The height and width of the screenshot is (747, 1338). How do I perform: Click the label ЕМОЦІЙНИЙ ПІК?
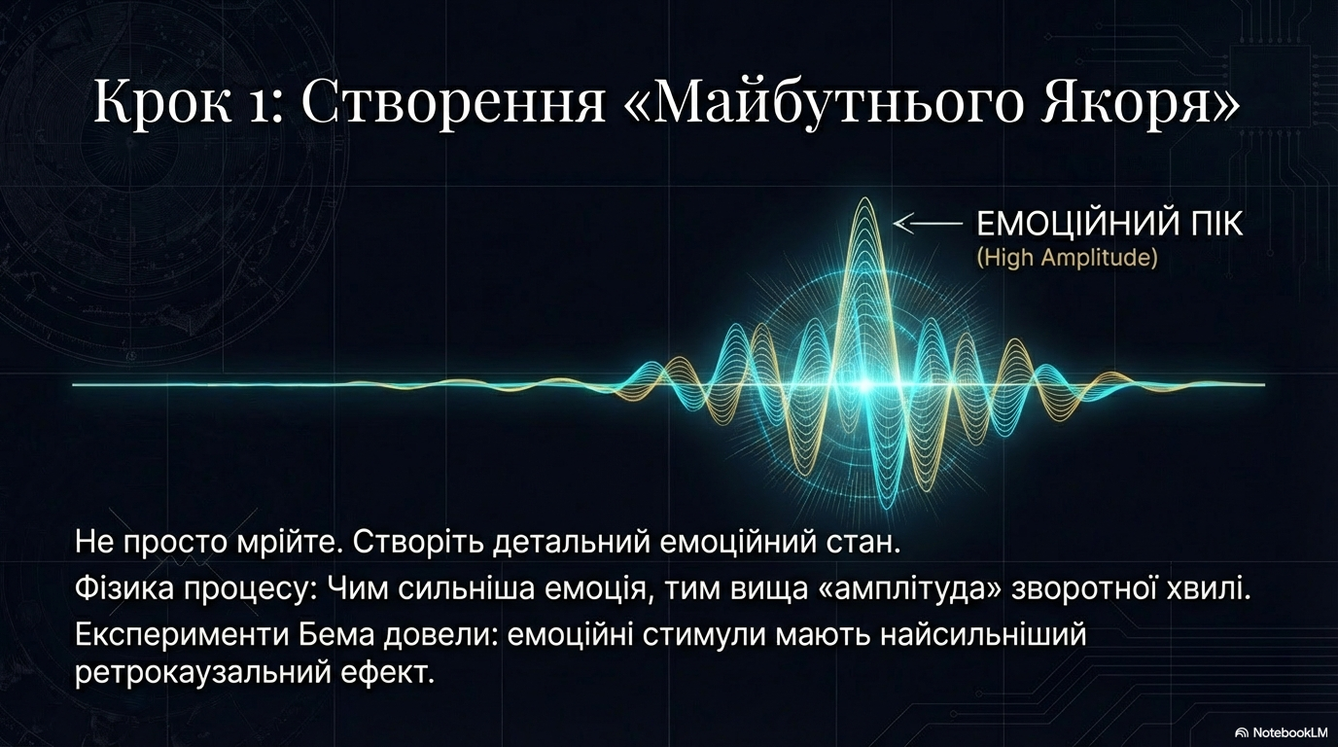(1109, 225)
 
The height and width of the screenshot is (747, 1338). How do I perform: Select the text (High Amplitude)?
(1067, 258)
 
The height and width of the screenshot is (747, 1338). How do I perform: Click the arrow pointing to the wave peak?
(928, 224)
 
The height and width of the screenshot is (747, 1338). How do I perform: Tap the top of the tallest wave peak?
(863, 199)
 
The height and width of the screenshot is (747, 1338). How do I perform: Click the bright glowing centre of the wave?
(863, 385)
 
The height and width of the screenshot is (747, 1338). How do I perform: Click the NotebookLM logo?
(1281, 732)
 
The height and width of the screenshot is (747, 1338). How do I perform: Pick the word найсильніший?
(983, 635)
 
